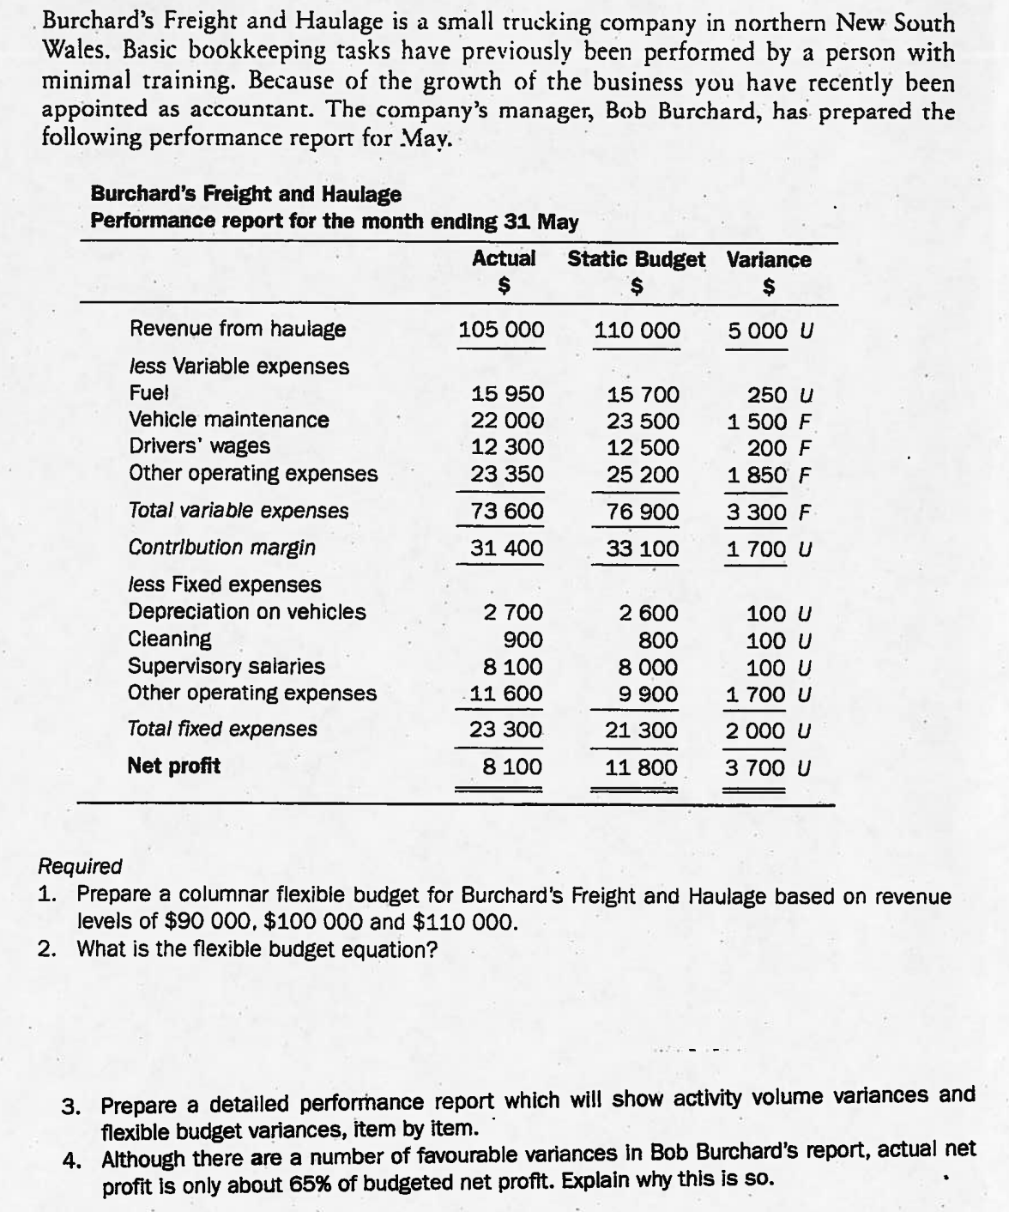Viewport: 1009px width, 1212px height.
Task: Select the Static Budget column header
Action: [636, 259]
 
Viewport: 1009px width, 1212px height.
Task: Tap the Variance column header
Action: [768, 259]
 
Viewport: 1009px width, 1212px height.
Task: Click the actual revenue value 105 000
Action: [501, 330]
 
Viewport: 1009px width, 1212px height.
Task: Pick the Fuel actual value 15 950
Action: [508, 394]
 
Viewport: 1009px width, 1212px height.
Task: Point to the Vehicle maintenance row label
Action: [228, 420]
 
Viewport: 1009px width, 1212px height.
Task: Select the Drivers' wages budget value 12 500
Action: [642, 448]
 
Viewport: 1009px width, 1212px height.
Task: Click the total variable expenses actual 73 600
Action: [508, 512]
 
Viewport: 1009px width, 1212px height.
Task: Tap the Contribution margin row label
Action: [221, 548]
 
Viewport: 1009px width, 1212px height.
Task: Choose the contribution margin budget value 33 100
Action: [642, 548]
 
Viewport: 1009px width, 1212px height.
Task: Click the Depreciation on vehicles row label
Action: [246, 612]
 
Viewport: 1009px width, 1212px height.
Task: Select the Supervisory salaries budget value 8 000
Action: [648, 667]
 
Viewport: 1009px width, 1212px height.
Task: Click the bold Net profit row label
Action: [173, 766]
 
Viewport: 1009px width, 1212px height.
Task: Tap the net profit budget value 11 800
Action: [641, 767]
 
